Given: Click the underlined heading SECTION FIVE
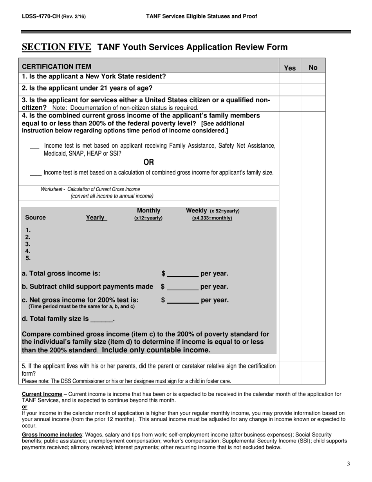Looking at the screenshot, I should pyautogui.click(x=56, y=47).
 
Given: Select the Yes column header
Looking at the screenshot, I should pyautogui.click(x=290, y=68).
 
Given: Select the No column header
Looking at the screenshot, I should pyautogui.click(x=313, y=68).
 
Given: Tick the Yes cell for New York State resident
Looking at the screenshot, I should pyautogui.click(x=290, y=78).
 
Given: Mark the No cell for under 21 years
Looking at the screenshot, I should pyautogui.click(x=313, y=89).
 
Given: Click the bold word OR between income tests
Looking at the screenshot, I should pyautogui.click(x=149, y=162).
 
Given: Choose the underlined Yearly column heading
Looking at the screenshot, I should pyautogui.click(x=96, y=217).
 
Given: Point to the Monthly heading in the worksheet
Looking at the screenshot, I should pyautogui.click(x=148, y=211).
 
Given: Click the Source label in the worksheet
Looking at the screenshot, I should pyautogui.click(x=35, y=217).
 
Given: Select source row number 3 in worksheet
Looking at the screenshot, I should pyautogui.click(x=28, y=244).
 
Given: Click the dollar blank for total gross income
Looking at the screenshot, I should pyautogui.click(x=182, y=274).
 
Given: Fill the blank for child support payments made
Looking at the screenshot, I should pyautogui.click(x=182, y=287).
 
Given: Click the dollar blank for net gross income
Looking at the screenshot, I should pyautogui.click(x=182, y=301).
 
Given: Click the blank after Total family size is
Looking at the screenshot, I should pyautogui.click(x=101, y=319).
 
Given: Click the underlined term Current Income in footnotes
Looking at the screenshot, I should pyautogui.click(x=42, y=394).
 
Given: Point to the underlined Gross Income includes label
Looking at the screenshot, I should pyautogui.click(x=52, y=435).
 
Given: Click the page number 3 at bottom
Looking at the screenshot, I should pyautogui.click(x=348, y=464).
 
